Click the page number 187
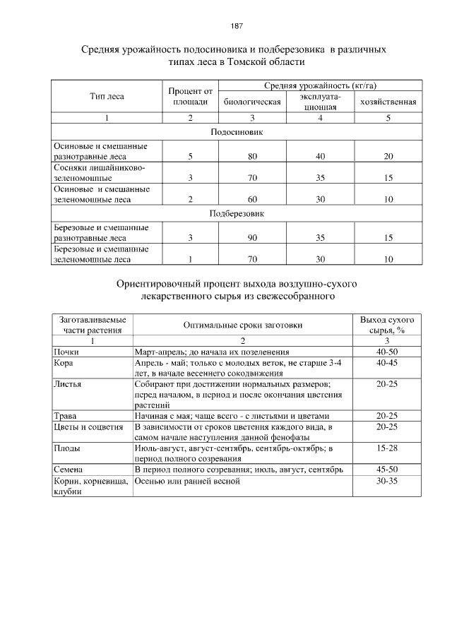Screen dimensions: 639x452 click(237, 26)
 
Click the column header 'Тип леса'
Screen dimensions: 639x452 click(107, 96)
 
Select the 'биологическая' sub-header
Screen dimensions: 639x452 click(252, 102)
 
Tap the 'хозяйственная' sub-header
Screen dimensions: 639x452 click(388, 102)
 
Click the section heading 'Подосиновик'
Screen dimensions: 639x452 click(237, 131)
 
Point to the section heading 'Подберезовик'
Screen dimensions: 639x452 click(237, 213)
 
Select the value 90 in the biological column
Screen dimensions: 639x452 click(252, 238)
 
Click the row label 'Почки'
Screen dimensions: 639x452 click(66, 351)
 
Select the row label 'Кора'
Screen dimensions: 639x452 click(64, 362)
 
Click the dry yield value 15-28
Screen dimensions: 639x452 click(387, 448)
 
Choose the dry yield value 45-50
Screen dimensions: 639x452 click(387, 470)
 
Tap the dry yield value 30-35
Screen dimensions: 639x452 click(387, 481)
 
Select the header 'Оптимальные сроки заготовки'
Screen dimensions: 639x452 click(242, 325)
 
